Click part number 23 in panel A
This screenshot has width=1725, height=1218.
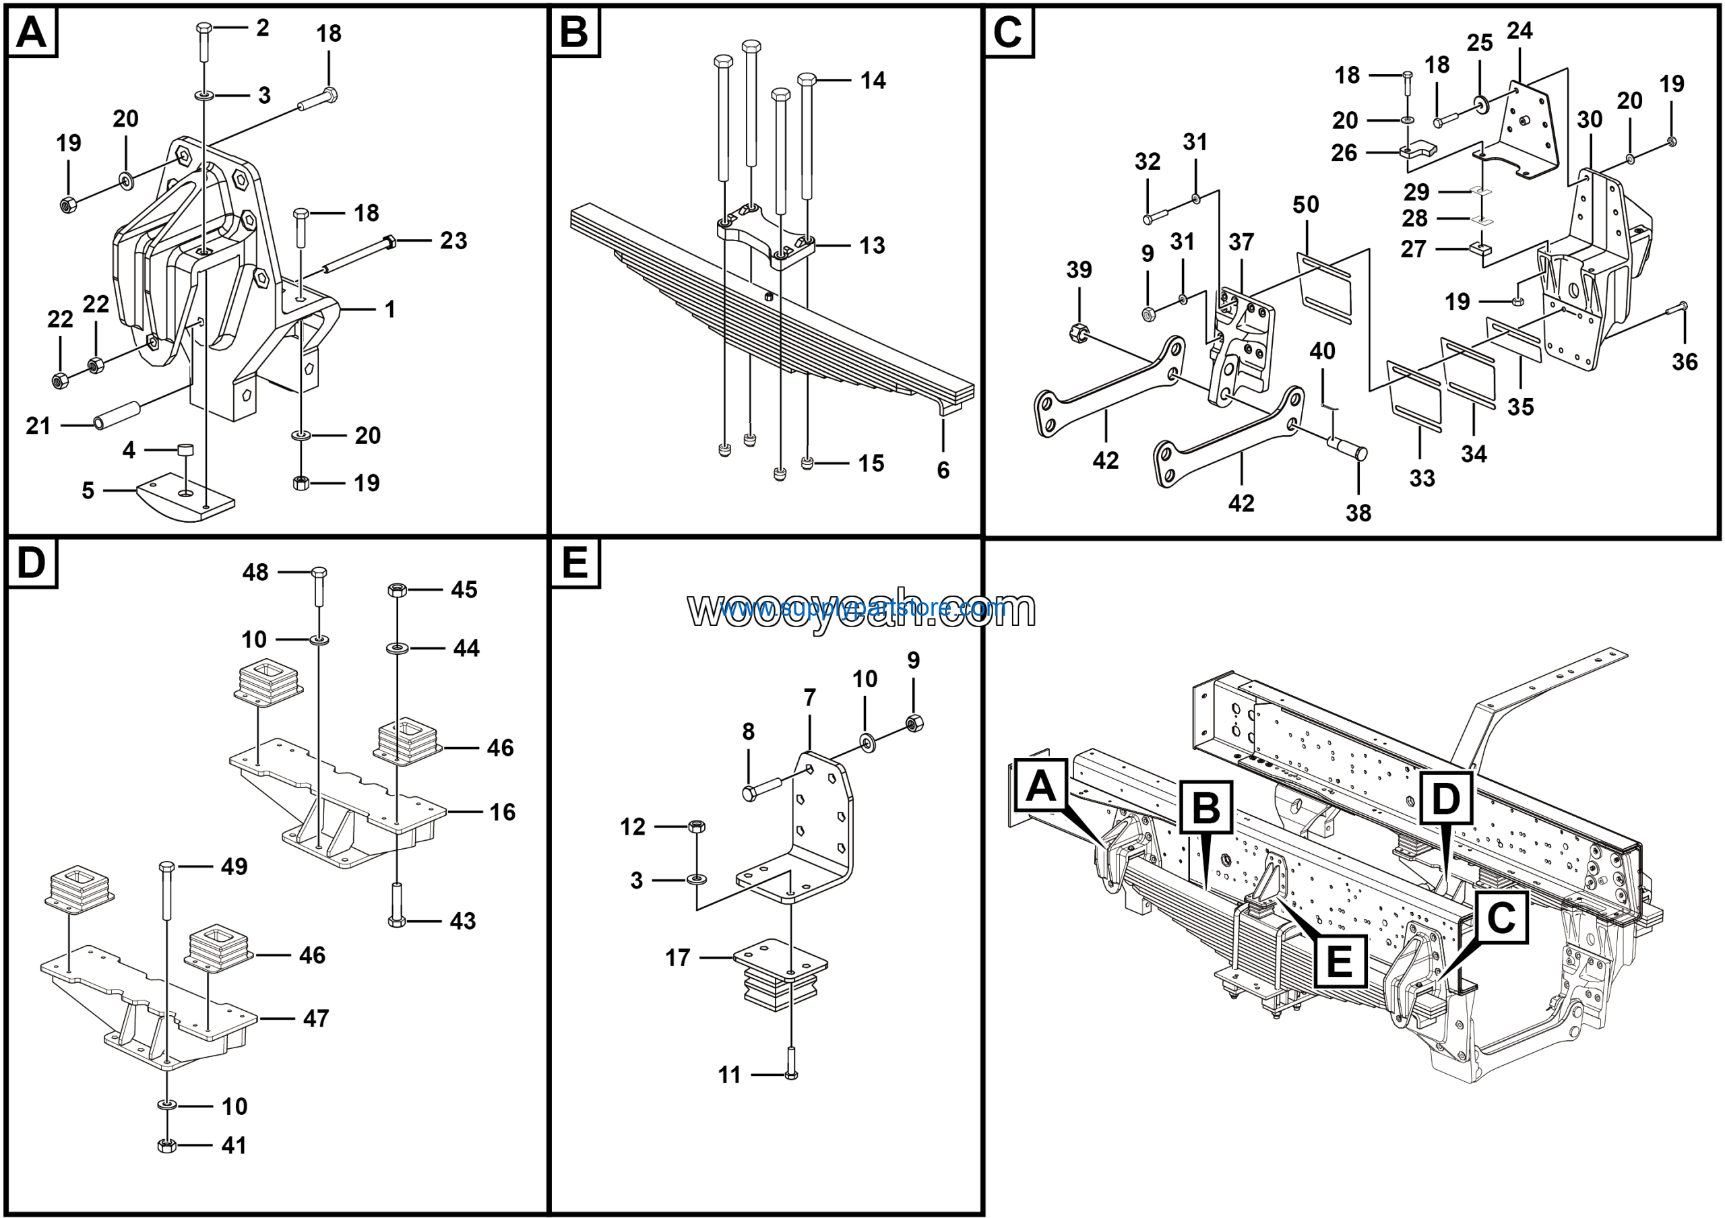pos(453,241)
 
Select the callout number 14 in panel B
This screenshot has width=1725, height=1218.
pos(873,80)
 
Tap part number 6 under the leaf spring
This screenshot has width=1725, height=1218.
pos(943,470)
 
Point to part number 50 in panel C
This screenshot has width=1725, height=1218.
pos(1306,205)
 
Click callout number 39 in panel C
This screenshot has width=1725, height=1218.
pos(1079,270)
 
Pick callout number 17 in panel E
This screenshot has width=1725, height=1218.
pos(677,958)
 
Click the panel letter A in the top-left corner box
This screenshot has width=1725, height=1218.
pos(32,33)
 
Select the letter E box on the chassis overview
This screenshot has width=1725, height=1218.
pos(1340,962)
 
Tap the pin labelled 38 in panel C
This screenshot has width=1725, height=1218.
pos(1348,450)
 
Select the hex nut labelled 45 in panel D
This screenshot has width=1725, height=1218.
pos(397,589)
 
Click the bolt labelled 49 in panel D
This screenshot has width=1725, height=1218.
pos(167,901)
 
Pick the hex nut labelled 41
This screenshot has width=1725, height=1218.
pos(168,1145)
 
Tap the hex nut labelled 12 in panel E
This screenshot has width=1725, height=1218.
pos(697,826)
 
